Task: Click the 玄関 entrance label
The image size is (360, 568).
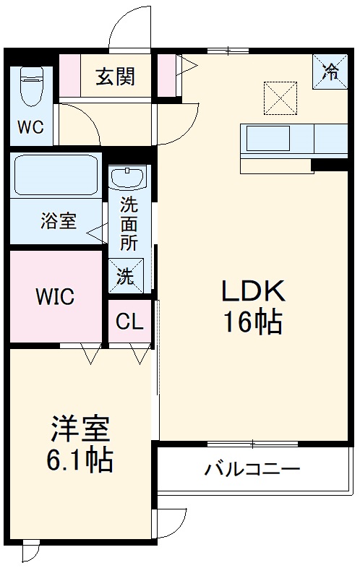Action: pyautogui.click(x=116, y=75)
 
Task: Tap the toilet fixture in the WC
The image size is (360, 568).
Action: pyautogui.click(x=32, y=87)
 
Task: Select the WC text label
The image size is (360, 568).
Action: pyautogui.click(x=30, y=128)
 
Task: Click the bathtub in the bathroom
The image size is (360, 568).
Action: pyautogui.click(x=56, y=176)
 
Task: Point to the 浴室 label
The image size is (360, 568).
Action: pyautogui.click(x=58, y=221)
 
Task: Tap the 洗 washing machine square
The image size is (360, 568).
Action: pyautogui.click(x=126, y=275)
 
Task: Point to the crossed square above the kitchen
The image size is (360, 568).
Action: pyautogui.click(x=280, y=98)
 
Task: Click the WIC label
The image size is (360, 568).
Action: pyautogui.click(x=55, y=296)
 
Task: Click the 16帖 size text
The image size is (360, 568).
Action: pyautogui.click(x=253, y=322)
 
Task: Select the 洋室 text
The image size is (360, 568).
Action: pyautogui.click(x=80, y=429)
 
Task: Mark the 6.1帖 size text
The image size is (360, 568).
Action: pyautogui.click(x=80, y=460)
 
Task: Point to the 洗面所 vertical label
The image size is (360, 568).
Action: pyautogui.click(x=129, y=223)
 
